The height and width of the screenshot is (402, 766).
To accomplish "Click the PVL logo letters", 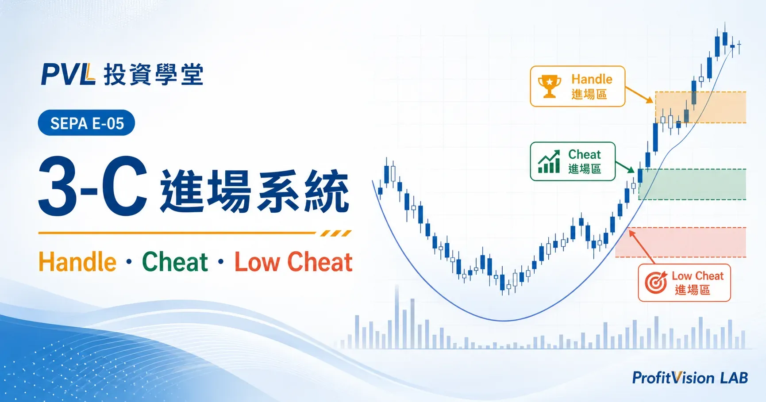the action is tap(68, 74).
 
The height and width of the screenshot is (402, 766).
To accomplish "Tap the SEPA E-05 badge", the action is tap(87, 123).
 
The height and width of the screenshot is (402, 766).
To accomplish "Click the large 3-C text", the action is tap(93, 187).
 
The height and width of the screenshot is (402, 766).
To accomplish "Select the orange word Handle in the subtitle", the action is tap(77, 262).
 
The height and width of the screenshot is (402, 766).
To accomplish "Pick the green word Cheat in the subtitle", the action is tap(175, 262).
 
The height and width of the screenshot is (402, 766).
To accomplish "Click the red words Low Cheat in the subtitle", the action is tap(293, 262).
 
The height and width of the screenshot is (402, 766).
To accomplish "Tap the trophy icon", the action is tap(550, 86).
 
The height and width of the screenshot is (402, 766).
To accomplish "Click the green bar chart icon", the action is tap(549, 161).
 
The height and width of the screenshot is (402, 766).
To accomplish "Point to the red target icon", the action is tap(656, 282).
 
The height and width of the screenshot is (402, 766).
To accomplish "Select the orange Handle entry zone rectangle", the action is tap(701, 107).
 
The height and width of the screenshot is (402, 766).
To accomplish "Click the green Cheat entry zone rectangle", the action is tap(692, 184).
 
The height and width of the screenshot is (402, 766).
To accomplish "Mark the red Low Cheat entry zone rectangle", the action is tap(681, 242).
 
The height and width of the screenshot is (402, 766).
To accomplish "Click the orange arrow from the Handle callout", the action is tap(639, 95).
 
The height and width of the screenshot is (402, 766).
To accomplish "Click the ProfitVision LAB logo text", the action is tap(690, 378).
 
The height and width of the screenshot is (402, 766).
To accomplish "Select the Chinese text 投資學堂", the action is tap(154, 74).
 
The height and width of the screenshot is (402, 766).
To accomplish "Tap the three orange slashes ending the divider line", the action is tap(336, 233).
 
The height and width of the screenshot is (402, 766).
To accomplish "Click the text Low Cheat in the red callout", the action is tap(697, 276).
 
